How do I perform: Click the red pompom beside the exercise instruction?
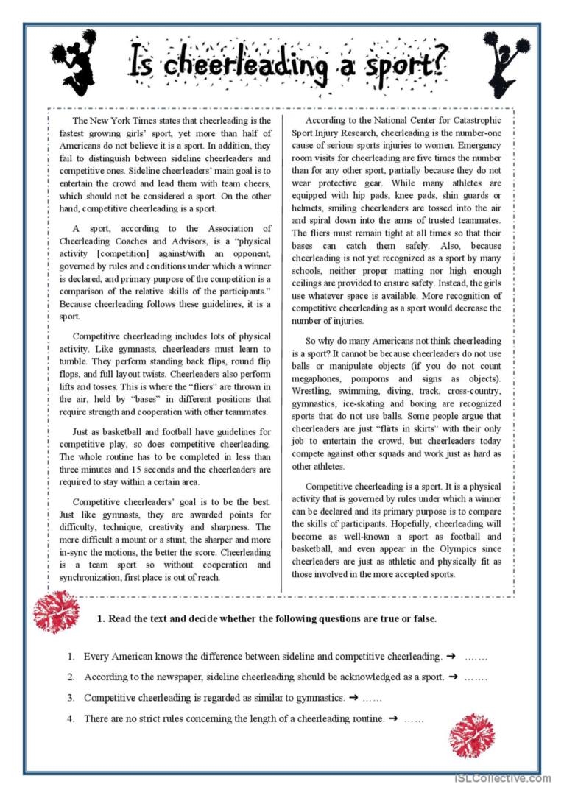pyautogui.click(x=56, y=611)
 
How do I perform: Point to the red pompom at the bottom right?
pyautogui.click(x=471, y=735)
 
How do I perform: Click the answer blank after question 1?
pyautogui.click(x=476, y=656)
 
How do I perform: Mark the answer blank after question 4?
pyautogui.click(x=414, y=718)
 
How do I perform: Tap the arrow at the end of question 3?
pyautogui.click(x=353, y=697)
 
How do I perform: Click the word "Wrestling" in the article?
pyautogui.click(x=312, y=390)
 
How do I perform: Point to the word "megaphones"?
pyautogui.click(x=317, y=378)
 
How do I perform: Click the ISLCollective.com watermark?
pyautogui.click(x=502, y=777)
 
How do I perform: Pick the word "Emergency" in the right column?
pyautogui.click(x=476, y=145)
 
